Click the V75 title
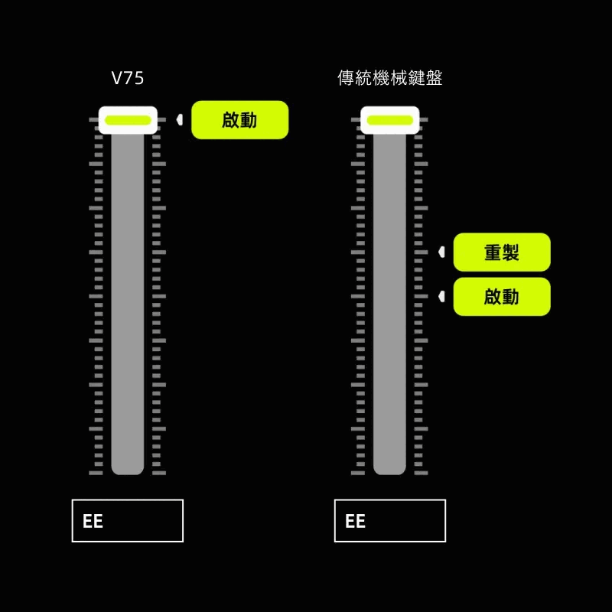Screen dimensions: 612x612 coord(128,78)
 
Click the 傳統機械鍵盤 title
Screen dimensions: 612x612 coord(390,78)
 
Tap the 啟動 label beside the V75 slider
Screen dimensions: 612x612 coord(239,120)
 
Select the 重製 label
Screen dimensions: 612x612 coord(502,252)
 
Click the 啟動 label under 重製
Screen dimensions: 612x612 coord(502,297)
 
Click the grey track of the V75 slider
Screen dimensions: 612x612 coord(128,306)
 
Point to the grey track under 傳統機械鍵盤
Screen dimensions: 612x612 coord(390,306)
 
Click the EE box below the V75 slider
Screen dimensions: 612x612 coord(128,521)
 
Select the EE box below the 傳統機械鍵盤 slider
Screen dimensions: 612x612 coord(390,521)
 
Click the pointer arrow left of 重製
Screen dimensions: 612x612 coord(441,252)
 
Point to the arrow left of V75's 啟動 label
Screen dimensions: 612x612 coord(179,120)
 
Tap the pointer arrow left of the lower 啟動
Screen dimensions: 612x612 coord(441,297)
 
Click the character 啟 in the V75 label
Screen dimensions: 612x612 coord(230,120)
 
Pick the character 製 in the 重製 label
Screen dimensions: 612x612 coord(511,252)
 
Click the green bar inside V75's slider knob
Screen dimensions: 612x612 coord(128,119)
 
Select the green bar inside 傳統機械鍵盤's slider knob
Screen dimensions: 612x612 coord(390,119)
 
